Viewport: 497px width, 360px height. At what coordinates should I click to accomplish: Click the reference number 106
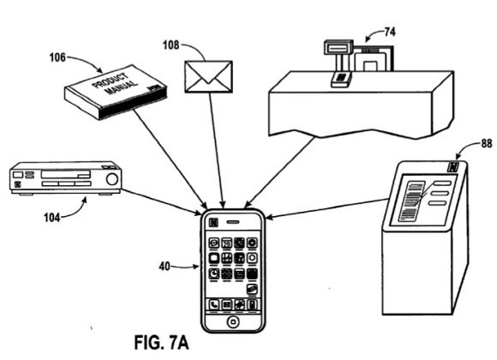click(x=57, y=57)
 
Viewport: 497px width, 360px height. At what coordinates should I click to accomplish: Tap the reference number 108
click(x=171, y=45)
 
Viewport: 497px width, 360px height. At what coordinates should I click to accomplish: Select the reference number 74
click(x=390, y=32)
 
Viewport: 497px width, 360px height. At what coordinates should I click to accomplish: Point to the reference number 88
click(x=487, y=144)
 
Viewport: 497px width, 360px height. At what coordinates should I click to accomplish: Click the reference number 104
click(x=52, y=218)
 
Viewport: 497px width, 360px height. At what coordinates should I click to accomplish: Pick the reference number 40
click(x=165, y=267)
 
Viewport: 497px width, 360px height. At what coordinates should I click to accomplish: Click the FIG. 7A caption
click(x=161, y=343)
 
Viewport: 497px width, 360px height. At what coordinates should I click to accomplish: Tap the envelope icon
click(x=208, y=77)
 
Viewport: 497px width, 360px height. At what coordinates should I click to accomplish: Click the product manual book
click(x=116, y=93)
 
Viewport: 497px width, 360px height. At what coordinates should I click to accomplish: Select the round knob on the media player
click(x=112, y=179)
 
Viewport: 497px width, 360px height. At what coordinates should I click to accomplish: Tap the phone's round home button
click(x=233, y=322)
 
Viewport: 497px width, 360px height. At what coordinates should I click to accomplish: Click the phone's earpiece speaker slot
click(x=233, y=222)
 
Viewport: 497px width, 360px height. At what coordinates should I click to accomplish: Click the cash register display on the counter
click(x=338, y=48)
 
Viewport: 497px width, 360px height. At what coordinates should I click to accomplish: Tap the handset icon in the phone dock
click(x=214, y=305)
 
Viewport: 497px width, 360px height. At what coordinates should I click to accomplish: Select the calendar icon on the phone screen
click(x=226, y=243)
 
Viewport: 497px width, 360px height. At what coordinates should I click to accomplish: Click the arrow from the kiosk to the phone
click(x=327, y=208)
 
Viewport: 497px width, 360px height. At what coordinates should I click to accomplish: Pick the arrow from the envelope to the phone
click(x=217, y=150)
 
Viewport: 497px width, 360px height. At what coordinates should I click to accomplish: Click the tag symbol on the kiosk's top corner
click(x=453, y=167)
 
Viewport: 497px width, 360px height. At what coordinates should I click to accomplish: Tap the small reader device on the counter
click(x=341, y=79)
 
